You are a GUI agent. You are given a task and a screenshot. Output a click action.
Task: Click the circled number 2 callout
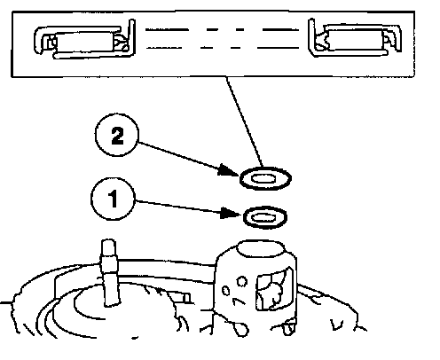point(117,135)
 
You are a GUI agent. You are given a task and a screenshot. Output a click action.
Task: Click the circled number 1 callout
point(113,199)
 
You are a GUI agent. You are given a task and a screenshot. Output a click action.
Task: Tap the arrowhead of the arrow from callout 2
point(229,171)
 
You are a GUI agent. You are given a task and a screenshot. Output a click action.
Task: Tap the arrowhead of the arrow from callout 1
point(232,213)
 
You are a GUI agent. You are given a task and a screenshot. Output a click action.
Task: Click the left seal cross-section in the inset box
point(84,39)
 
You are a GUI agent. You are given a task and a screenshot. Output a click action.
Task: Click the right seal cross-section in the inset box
point(355,38)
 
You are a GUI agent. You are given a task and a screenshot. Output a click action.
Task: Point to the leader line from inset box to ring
point(244,122)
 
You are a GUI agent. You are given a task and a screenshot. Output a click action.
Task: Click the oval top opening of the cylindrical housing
point(261,249)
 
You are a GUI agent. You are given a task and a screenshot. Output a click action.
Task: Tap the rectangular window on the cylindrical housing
point(274,288)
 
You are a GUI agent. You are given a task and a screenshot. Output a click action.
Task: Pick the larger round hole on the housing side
point(242,281)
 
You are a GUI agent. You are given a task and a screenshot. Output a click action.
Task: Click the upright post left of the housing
point(109,272)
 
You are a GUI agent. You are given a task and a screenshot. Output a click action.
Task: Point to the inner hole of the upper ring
point(263,179)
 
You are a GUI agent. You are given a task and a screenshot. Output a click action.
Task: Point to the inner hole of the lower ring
point(263,218)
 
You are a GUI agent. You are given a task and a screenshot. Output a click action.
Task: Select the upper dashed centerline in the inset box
point(222,29)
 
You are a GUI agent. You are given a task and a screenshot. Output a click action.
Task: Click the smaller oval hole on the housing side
point(225,291)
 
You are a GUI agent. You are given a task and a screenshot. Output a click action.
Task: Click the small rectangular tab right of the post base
point(186,298)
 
